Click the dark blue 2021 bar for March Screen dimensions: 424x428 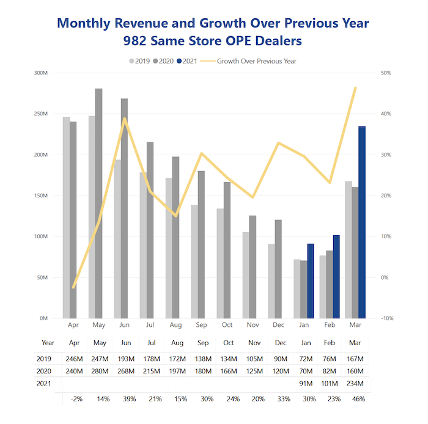pyautogui.click(x=362, y=222)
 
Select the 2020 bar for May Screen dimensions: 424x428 pyautogui.click(x=98, y=203)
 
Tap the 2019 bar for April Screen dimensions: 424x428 pyautogui.click(x=66, y=217)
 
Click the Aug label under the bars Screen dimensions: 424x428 pyautogui.click(x=175, y=326)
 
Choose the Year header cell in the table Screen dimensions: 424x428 pyautogui.click(x=48, y=343)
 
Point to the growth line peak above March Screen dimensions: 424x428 pyautogui.click(x=355, y=88)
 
